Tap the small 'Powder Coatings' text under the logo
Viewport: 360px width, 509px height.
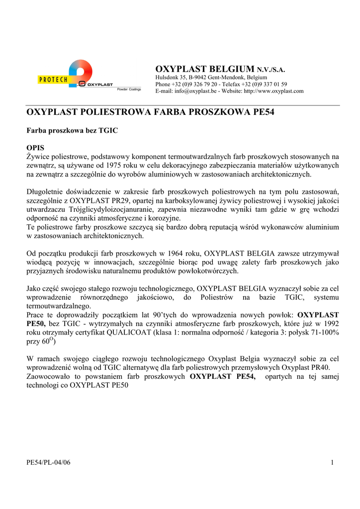(129, 89)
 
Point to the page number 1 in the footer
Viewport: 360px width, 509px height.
(331, 463)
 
